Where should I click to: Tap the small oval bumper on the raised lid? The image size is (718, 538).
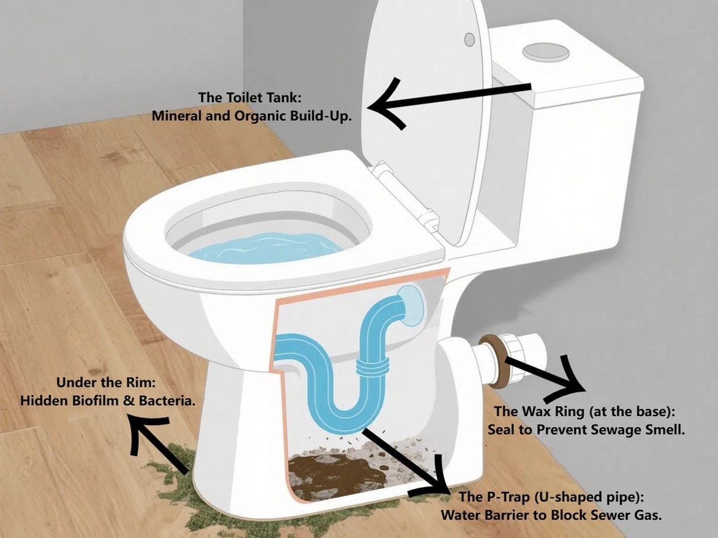pos(470,39)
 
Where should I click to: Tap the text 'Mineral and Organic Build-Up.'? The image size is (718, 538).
pos(251,115)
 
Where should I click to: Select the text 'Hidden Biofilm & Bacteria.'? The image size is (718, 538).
pos(108,401)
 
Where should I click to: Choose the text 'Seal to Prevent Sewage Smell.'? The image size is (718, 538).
pos(586,429)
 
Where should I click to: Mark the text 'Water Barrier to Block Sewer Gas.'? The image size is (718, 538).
pos(551,515)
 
